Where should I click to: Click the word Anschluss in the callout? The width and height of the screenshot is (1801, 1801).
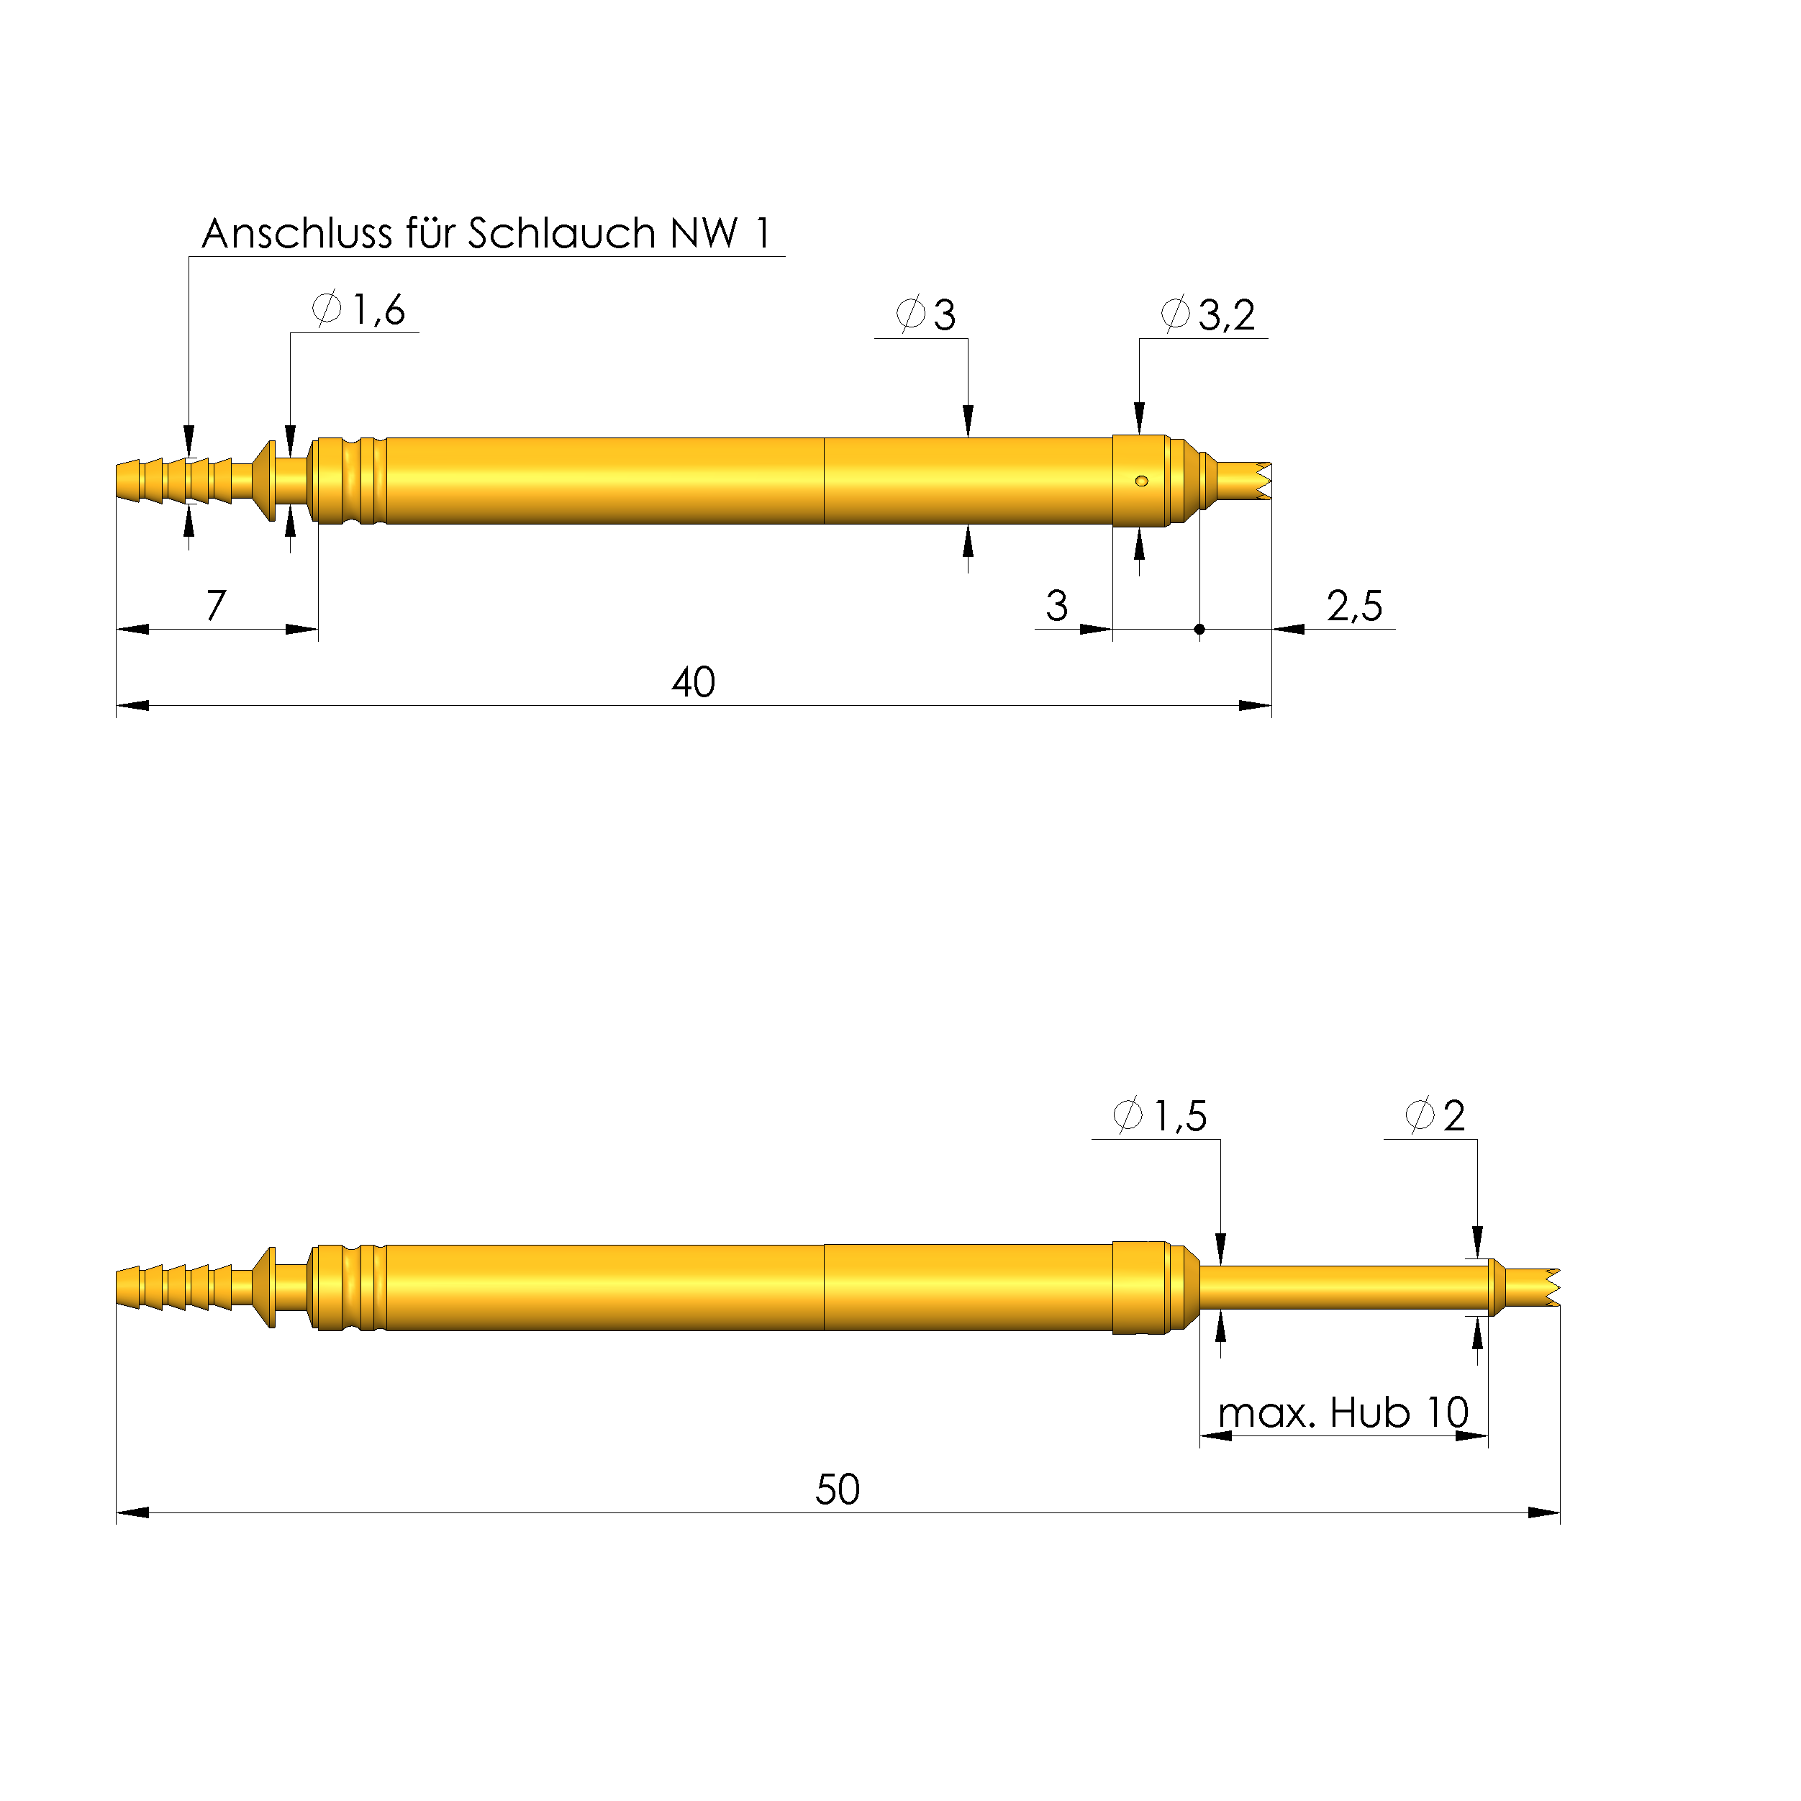pyautogui.click(x=296, y=234)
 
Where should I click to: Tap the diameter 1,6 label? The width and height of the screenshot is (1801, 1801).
pyautogui.click(x=360, y=309)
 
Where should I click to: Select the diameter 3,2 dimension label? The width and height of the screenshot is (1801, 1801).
pyautogui.click(x=1208, y=315)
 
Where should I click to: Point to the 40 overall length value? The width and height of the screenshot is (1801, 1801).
pyautogui.click(x=694, y=682)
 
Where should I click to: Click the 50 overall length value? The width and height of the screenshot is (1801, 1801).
pyautogui.click(x=837, y=1489)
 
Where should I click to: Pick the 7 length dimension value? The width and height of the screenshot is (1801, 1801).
pyautogui.click(x=217, y=606)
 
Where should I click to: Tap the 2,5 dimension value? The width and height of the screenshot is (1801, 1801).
pyautogui.click(x=1354, y=607)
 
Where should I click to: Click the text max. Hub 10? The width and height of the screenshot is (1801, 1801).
pyautogui.click(x=1343, y=1413)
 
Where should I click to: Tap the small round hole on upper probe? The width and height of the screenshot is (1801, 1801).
pyautogui.click(x=1141, y=481)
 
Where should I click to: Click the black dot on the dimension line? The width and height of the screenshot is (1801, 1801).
pyautogui.click(x=1199, y=629)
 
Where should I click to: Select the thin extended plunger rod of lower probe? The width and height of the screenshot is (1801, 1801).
pyautogui.click(x=1343, y=1287)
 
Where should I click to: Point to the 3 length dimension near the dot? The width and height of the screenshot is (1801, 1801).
pyautogui.click(x=1056, y=607)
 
